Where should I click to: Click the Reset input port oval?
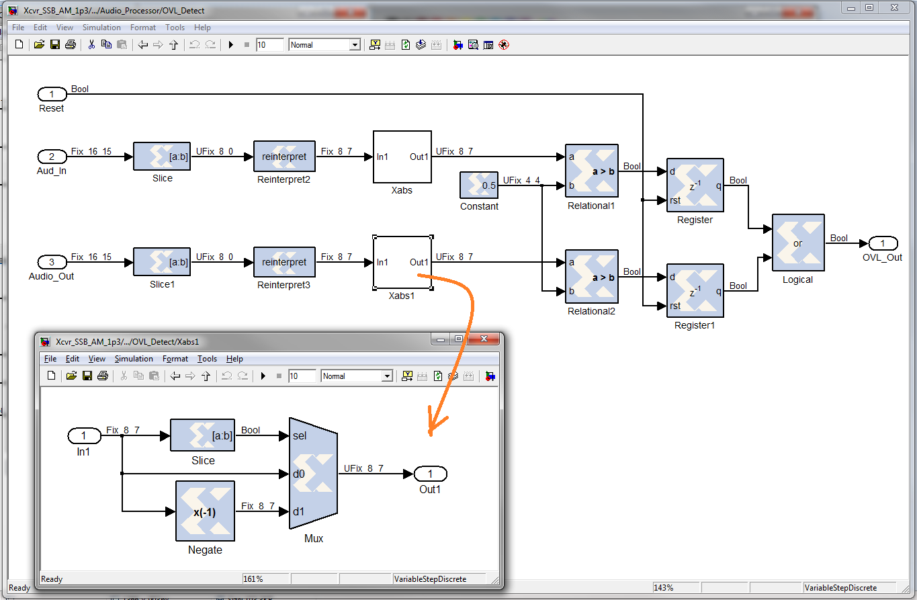pos(52,94)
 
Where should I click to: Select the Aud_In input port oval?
pos(52,157)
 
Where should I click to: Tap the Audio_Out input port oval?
pos(52,262)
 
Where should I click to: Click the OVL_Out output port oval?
pos(883,243)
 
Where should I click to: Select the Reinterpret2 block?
pos(285,157)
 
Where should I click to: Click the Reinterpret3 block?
pos(285,262)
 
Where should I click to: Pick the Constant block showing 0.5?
pos(479,185)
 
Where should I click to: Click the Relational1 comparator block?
pos(592,171)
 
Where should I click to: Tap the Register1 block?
pos(695,291)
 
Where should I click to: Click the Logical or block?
pos(798,243)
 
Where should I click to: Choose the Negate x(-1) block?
pos(205,511)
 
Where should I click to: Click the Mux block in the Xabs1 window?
pos(313,474)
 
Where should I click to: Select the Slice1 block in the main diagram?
pos(162,262)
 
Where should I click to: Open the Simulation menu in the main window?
pos(101,28)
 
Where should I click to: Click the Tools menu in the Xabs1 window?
pos(207,359)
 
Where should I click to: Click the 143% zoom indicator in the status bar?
pos(664,588)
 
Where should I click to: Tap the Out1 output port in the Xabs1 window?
pos(431,474)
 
